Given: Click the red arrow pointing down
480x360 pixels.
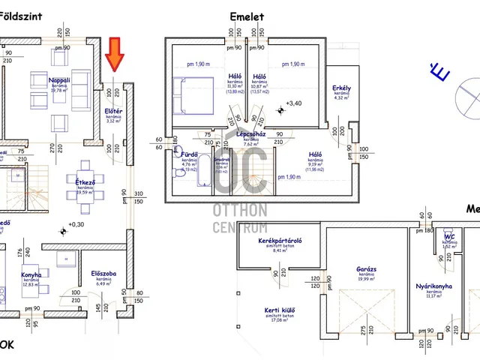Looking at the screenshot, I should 115,55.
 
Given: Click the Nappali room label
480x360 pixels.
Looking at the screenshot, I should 59,80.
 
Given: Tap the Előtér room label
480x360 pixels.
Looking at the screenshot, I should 113,112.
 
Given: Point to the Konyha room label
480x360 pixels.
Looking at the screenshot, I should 31,274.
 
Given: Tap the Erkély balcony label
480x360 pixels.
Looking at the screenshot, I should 343,88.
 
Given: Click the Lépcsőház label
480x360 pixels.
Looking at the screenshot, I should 248,135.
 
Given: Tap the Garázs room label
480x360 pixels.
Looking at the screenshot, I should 366,268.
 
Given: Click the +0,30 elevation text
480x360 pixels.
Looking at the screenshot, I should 76,224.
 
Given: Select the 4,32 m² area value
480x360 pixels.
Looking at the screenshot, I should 343,97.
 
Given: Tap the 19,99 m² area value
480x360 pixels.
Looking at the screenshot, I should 366,279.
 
